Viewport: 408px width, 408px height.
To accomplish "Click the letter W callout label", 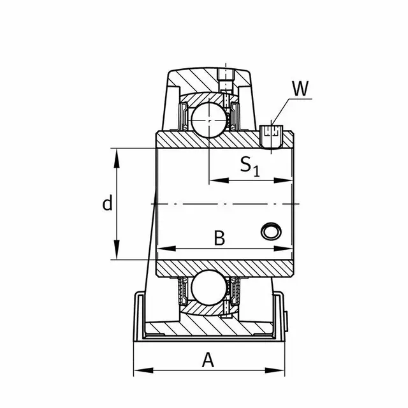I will [x=298, y=89].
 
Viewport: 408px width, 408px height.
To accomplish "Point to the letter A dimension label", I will [x=207, y=360].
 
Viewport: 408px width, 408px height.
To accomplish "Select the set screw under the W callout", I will [x=272, y=136].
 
